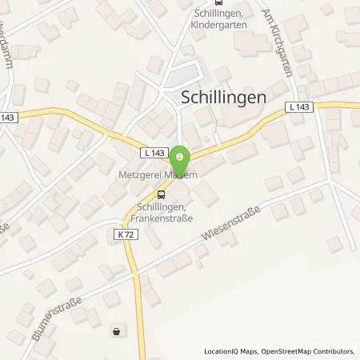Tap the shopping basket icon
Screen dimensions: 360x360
point(118,330)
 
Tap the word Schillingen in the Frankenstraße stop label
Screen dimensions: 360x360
point(160,205)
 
